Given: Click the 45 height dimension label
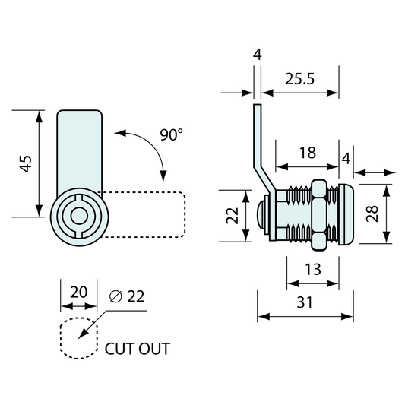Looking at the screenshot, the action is tap(26, 163).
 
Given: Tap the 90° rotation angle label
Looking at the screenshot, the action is tap(171, 134).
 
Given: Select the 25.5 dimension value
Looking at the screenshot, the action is tap(299, 79).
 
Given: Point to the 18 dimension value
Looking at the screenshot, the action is tap(308, 153).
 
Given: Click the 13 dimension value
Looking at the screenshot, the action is tap(313, 270).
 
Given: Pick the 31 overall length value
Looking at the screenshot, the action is tap(305, 302).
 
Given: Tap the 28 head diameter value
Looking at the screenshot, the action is tap(372, 214).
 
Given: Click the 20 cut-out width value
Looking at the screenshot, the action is tap(79, 293).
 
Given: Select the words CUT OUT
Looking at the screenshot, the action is tap(137, 349).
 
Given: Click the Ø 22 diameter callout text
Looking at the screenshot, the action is tap(127, 296).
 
